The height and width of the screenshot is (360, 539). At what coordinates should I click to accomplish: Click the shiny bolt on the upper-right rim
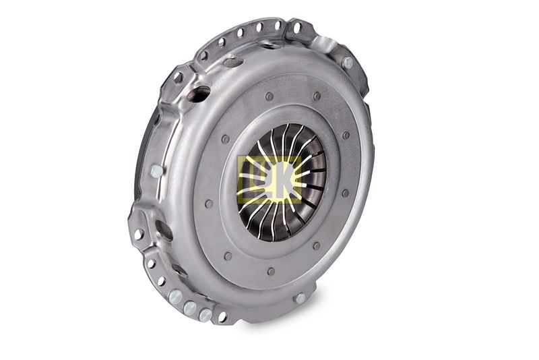[348, 62]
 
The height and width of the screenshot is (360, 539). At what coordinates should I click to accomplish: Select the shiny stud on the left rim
[156, 171]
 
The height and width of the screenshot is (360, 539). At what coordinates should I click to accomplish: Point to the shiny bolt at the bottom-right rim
[300, 298]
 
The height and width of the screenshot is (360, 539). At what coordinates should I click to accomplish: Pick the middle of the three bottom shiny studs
[190, 307]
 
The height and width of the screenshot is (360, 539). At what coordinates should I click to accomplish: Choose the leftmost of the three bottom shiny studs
[176, 296]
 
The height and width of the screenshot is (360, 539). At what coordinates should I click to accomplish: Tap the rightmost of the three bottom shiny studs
[205, 315]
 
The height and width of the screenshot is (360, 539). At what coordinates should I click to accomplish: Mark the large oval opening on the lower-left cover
[164, 230]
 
